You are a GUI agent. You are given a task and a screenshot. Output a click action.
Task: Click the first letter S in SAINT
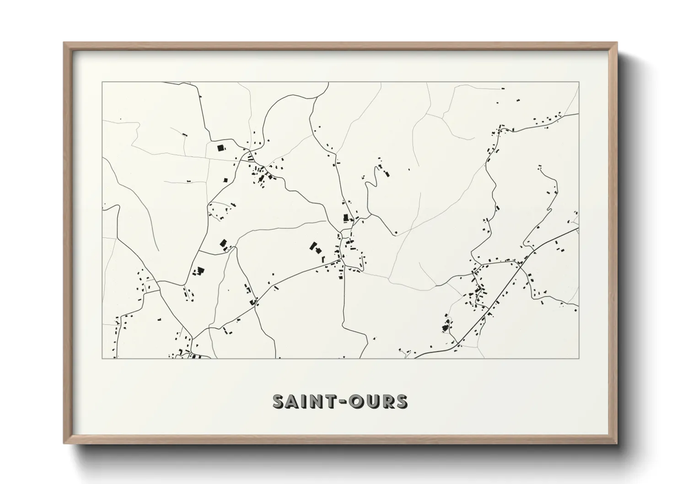[x=279, y=401]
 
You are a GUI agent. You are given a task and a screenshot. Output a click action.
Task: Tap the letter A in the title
[x=293, y=401]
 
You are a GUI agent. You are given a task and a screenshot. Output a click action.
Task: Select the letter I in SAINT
[x=304, y=401]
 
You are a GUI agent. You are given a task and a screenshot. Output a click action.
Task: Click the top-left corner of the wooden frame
[x=64, y=43]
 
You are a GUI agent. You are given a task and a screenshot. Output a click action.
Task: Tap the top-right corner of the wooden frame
[x=617, y=43]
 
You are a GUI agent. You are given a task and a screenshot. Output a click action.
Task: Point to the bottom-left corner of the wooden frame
[x=64, y=443]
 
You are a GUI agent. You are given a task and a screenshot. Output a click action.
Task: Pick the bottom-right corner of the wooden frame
[x=617, y=443]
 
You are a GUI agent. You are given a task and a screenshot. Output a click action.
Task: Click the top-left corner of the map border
[x=102, y=82]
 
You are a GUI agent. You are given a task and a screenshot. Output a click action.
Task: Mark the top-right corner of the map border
[x=579, y=82]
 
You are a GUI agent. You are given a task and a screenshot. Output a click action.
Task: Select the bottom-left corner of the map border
[x=102, y=358]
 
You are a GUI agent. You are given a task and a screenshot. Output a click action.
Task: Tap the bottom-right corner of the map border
[x=579, y=358]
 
